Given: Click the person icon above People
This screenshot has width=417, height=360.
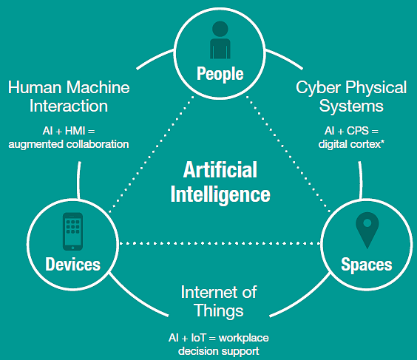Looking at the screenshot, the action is coord(220,40).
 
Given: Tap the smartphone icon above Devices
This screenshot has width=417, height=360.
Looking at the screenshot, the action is coord(72,231).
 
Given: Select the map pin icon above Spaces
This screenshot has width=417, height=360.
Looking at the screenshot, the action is coord(367,230).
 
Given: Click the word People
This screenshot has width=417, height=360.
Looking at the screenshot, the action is coord(220,74).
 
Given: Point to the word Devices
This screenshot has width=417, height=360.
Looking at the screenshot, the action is coord(73,265).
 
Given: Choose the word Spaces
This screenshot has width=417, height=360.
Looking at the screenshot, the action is coord(367,265).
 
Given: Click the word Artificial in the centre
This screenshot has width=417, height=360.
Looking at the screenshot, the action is coord(220,169).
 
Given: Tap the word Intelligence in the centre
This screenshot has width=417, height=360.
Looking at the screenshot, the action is coord(220,194).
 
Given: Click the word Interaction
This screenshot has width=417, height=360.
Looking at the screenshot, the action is coord(69,106).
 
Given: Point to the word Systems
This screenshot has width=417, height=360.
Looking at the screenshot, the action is coord(351,106).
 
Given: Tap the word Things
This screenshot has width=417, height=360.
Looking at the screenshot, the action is coord(219,310).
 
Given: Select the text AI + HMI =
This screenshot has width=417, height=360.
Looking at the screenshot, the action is coord(69,131).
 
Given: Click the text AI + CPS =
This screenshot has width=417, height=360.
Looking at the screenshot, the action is coord(351,131).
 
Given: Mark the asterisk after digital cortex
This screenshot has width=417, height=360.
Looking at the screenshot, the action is coord(382,142).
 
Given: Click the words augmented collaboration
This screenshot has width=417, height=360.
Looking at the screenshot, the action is coord(69,144).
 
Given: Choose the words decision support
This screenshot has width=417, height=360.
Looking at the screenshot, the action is coord(219,351).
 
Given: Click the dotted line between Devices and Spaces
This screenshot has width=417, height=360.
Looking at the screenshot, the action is coord(220,243).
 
